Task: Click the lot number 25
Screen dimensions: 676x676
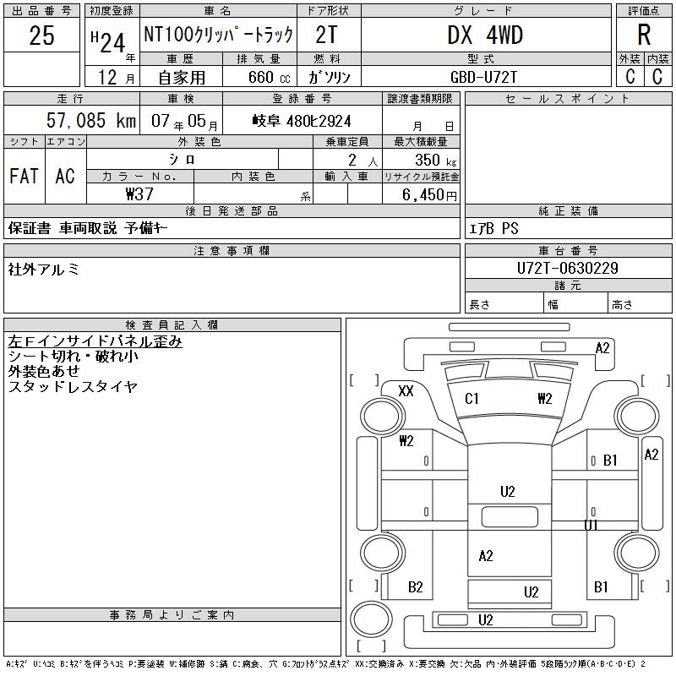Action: click(41, 36)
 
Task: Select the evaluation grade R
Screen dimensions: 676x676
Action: click(644, 35)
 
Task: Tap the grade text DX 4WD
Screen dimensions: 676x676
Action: click(485, 35)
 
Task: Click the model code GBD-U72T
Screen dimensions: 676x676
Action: click(485, 77)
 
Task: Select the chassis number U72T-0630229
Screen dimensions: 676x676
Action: click(568, 268)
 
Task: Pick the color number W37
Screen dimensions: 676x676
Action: click(139, 194)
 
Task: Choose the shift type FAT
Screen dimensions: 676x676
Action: click(24, 177)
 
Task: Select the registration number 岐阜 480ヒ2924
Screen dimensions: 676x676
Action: click(302, 121)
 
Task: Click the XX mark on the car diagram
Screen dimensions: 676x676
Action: click(406, 390)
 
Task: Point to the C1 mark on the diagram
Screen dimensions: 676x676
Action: click(472, 399)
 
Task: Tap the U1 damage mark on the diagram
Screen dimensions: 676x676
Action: click(591, 525)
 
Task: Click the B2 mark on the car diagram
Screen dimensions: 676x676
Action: click(416, 587)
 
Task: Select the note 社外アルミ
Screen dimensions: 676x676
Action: click(44, 270)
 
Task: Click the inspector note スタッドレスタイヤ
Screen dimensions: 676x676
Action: click(73, 387)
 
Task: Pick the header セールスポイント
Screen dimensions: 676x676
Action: click(568, 99)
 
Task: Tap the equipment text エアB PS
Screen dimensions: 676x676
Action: click(494, 229)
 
